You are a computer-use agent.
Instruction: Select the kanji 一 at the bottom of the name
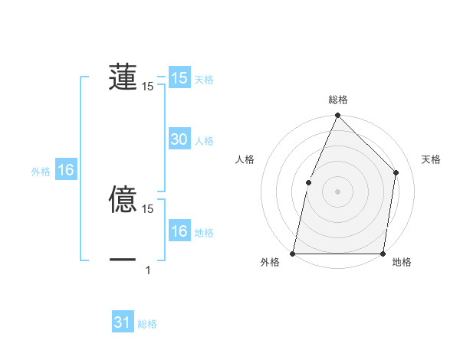[123, 260]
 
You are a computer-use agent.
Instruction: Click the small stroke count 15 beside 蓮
[148, 87]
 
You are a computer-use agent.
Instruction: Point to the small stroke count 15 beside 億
[148, 208]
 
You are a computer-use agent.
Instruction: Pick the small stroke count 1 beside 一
[148, 270]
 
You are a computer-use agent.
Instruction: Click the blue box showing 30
[179, 139]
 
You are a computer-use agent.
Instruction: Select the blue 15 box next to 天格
[179, 78]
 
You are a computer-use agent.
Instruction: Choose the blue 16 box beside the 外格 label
[66, 170]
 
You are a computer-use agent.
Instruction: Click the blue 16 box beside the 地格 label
[179, 231]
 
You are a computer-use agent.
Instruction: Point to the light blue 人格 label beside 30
[204, 141]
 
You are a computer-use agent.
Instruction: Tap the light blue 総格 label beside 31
[147, 324]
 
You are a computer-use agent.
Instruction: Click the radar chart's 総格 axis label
[338, 100]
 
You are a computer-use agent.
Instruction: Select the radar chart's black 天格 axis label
[432, 159]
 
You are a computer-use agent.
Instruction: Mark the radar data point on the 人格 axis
[308, 182]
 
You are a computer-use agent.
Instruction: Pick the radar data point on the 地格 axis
[383, 254]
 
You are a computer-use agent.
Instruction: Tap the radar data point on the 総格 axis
[337, 116]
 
